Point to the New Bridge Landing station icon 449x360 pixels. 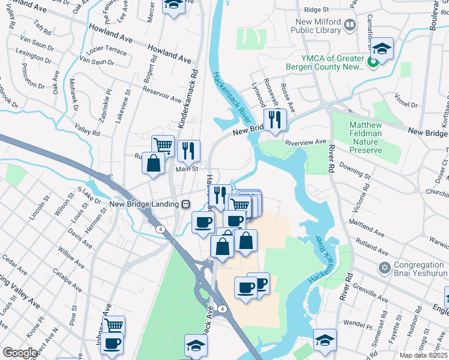pyautogui.click(x=185, y=205)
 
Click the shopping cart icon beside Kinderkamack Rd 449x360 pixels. pyautogui.click(x=163, y=145)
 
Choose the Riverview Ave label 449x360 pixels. pyautogui.click(x=306, y=143)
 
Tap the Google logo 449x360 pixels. pyautogui.click(x=20, y=353)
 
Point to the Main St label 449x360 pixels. pyautogui.click(x=186, y=169)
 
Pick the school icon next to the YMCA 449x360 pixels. pyautogui.click(x=381, y=49)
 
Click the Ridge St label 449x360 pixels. pyautogui.click(x=317, y=10)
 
